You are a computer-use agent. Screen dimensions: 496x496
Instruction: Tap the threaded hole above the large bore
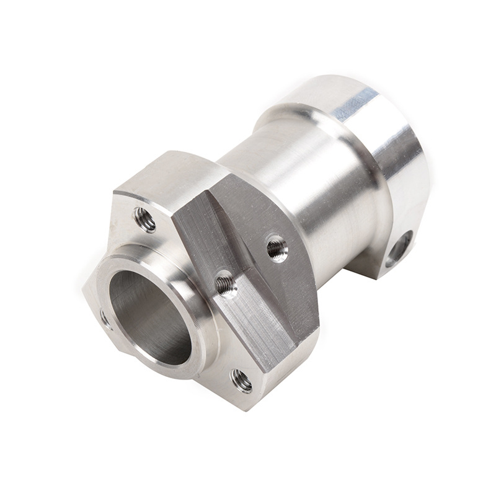[144, 219]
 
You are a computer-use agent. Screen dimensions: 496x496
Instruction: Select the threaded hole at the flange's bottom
[241, 380]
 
